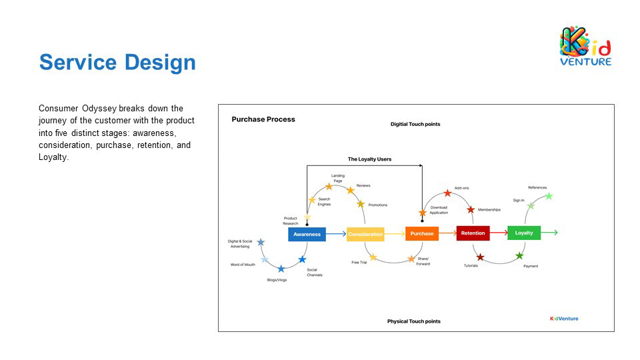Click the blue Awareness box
pyautogui.click(x=307, y=234)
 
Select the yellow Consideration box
pyautogui.click(x=365, y=234)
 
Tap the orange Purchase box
pyautogui.click(x=422, y=233)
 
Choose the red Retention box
pyautogui.click(x=473, y=233)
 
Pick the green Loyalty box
pyautogui.click(x=524, y=233)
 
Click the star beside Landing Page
pyautogui.click(x=329, y=187)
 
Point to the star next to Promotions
pyautogui.click(x=361, y=204)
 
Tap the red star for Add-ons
pyautogui.click(x=447, y=193)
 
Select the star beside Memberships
pyautogui.click(x=471, y=209)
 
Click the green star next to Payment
pyautogui.click(x=519, y=256)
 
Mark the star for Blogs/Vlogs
pyautogui.click(x=281, y=269)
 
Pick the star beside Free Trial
pyautogui.click(x=373, y=257)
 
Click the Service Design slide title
pyautogui.click(x=117, y=62)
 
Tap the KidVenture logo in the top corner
pyautogui.click(x=585, y=46)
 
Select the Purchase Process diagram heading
pyautogui.click(x=263, y=119)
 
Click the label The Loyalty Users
pyautogui.click(x=369, y=159)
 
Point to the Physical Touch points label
pyautogui.click(x=413, y=321)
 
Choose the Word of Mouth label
pyautogui.click(x=243, y=265)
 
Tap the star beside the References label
pyautogui.click(x=549, y=196)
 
